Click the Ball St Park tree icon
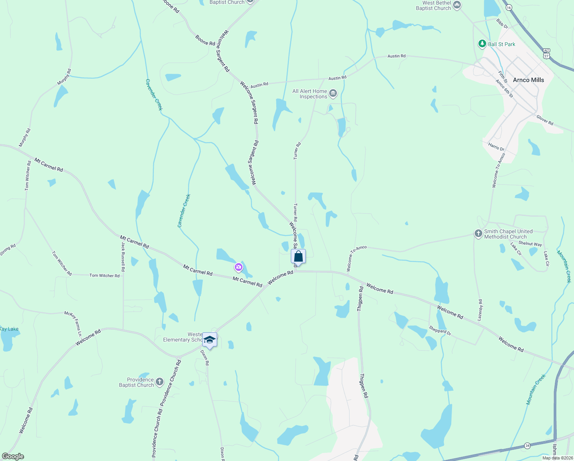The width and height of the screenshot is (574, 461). [482, 44]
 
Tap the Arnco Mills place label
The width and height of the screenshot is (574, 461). [528, 80]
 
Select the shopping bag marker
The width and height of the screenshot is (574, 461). [299, 256]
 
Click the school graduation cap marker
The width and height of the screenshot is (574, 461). [209, 340]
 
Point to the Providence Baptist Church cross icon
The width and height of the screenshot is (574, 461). [160, 382]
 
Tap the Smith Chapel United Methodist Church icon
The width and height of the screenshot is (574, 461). [478, 234]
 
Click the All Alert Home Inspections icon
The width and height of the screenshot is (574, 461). [333, 93]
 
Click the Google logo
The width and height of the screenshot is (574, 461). [13, 456]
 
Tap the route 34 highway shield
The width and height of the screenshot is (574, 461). [528, 446]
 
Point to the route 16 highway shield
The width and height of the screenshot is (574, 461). [509, 7]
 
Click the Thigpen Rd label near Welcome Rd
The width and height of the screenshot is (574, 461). [360, 299]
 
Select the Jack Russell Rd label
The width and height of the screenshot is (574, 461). [123, 254]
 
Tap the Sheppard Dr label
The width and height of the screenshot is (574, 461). [440, 330]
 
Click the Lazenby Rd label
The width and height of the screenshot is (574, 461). [480, 310]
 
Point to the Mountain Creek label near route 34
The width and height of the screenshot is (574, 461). [536, 390]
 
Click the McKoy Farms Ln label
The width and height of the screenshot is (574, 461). [73, 324]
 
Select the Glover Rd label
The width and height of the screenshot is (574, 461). [545, 120]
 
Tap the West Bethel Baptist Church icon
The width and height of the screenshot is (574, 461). [457, 5]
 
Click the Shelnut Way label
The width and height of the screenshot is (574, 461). [530, 244]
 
